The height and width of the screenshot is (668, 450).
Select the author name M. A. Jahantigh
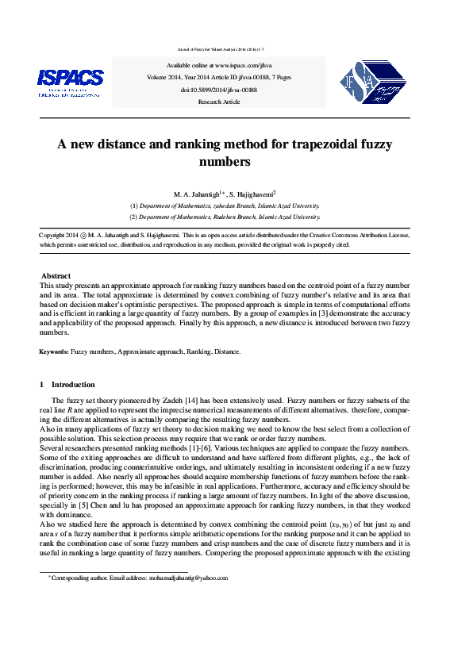tap(195, 194)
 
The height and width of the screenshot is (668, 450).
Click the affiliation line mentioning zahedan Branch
tap(225, 205)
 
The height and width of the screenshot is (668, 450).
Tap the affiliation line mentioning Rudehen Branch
tap(225, 216)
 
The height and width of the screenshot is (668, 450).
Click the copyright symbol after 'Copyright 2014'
tap(83, 236)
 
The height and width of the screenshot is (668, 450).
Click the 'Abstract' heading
tap(56, 275)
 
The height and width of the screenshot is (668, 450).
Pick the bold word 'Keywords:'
tap(54, 351)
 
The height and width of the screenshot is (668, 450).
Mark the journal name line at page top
tap(224, 49)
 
